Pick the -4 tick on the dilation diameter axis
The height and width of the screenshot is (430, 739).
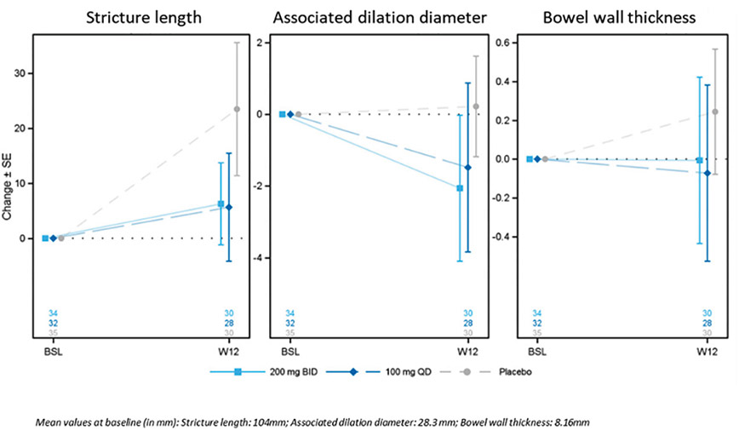(259, 258)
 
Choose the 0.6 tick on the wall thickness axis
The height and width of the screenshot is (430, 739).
(501, 43)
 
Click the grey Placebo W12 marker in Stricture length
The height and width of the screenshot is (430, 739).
(237, 109)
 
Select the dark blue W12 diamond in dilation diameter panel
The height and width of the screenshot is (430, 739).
(467, 168)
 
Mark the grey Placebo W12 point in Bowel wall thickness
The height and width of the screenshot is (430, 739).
(715, 112)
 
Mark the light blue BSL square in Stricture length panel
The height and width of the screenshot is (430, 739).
(45, 238)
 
